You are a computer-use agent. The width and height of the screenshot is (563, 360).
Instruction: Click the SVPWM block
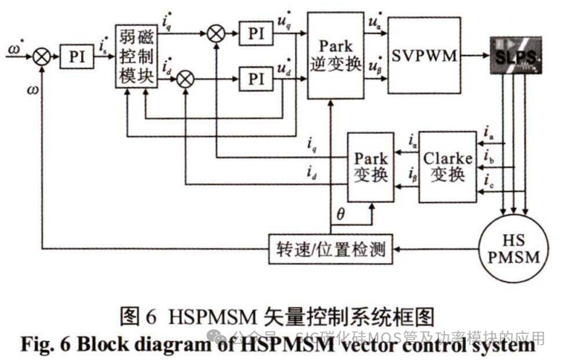[x=424, y=55]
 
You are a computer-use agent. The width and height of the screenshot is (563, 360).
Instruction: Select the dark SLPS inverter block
[x=515, y=56]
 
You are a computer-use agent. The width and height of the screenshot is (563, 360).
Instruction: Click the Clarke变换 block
[x=447, y=167]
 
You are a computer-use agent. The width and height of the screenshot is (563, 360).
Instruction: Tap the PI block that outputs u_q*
[x=254, y=33]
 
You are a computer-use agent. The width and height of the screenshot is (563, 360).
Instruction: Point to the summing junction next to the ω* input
[x=43, y=56]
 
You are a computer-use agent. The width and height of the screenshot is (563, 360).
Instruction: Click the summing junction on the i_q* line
[x=215, y=33]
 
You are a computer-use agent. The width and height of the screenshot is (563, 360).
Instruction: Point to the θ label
[x=341, y=215]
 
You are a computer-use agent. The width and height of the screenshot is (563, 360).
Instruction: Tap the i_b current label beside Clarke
[x=489, y=156]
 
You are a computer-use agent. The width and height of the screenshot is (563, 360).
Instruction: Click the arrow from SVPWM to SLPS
[x=475, y=56]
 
